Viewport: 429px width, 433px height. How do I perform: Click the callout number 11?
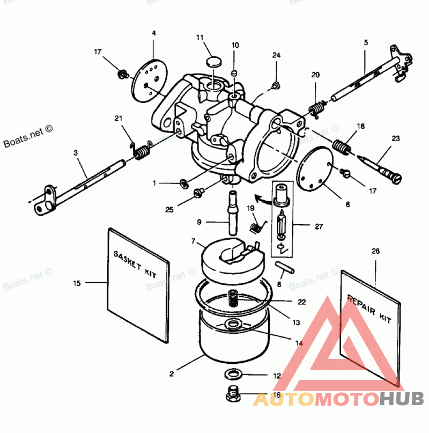coord(200,38)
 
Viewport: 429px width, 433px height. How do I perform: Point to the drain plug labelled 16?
coord(233,395)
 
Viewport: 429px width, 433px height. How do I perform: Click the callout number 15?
coord(77,283)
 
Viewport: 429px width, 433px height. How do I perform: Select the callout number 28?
coord(375,251)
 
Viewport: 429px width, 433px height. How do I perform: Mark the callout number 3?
coord(76,153)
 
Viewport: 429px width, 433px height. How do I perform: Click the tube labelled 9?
coord(234,212)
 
